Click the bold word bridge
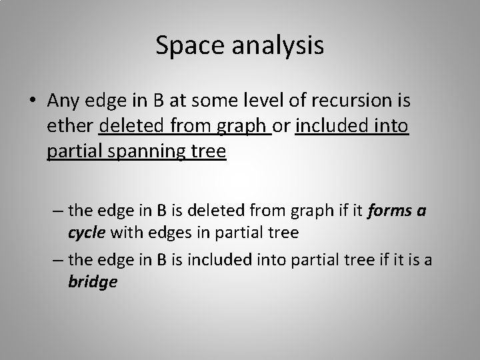pyautogui.click(x=93, y=281)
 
